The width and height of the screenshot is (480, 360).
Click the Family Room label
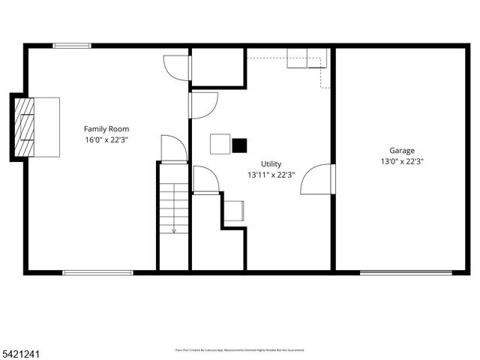point(106,129)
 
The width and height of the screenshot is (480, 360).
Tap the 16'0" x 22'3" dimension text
point(106,139)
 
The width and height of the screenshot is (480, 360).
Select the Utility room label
point(271,164)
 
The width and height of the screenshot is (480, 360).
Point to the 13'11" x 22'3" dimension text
point(271,175)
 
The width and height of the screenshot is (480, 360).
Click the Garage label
point(401,150)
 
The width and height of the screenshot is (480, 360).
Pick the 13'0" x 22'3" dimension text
point(401,160)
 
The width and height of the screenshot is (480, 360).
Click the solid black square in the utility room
point(239,145)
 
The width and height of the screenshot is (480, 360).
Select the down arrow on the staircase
point(174,229)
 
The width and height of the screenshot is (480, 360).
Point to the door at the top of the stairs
point(173,148)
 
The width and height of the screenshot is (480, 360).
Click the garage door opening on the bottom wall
point(406,272)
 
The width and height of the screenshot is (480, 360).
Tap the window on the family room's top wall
point(72,46)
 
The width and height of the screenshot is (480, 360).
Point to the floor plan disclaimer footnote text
point(240,349)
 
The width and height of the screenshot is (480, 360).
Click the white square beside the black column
point(220,143)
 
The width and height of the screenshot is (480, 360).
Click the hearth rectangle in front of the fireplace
point(46,127)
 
